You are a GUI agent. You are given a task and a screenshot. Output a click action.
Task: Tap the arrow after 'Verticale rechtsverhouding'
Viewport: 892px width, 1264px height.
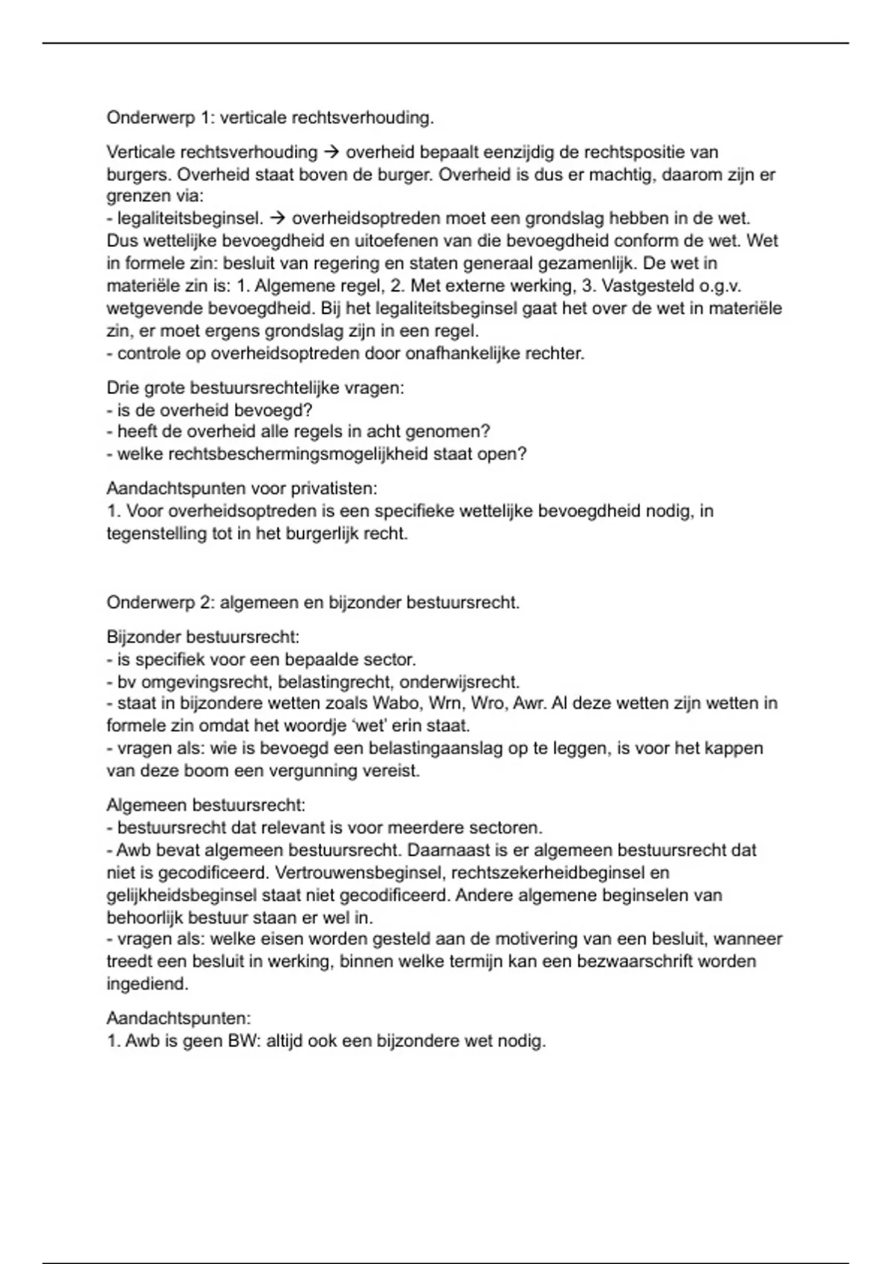(332, 152)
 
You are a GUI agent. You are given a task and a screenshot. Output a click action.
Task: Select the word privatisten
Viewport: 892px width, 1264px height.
(334, 488)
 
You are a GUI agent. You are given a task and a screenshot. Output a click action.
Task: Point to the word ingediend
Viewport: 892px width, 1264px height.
(147, 984)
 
